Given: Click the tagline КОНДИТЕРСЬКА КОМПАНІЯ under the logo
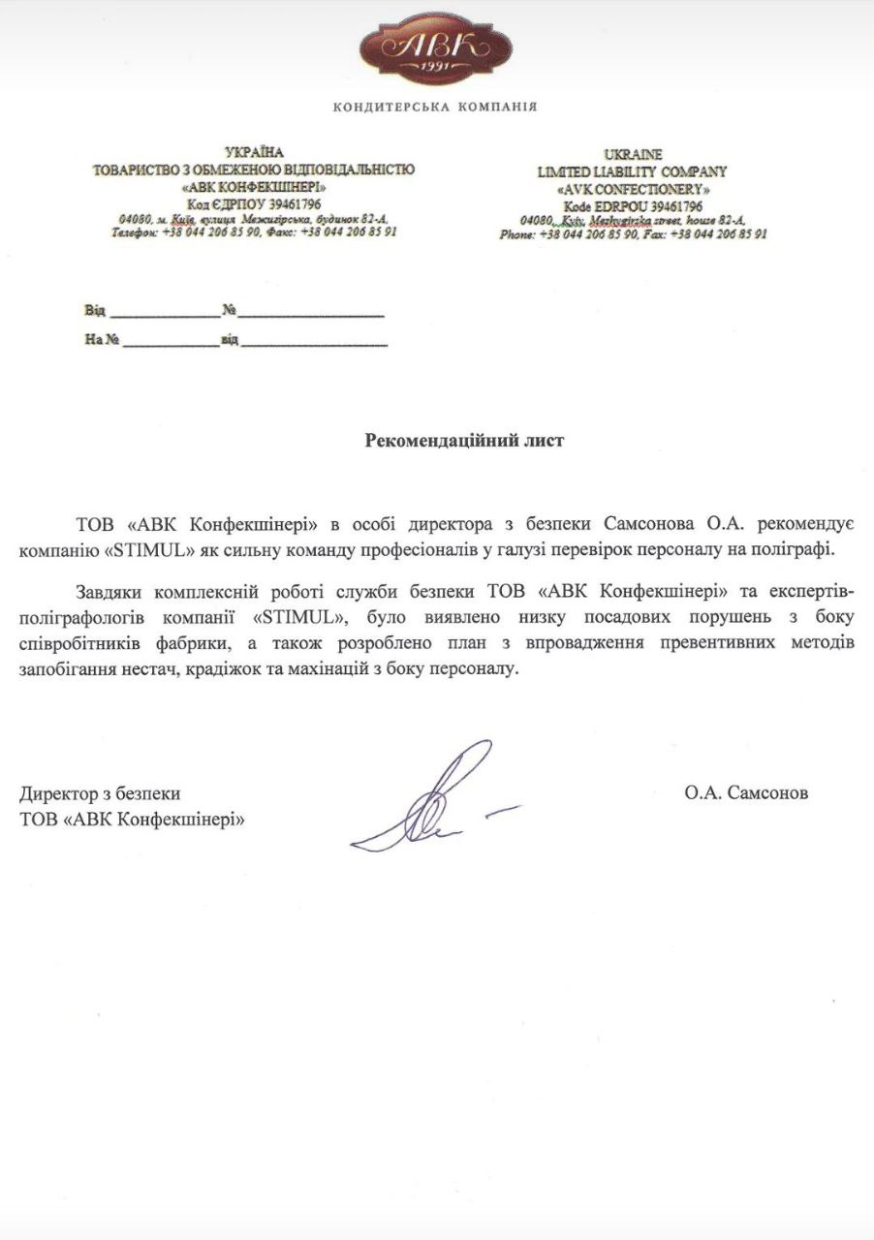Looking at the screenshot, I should coord(435,107).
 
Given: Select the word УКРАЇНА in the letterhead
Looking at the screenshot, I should coord(254,153).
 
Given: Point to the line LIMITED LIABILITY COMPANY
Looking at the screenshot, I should coord(633,171).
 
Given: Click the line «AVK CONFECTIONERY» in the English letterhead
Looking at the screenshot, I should coord(633,189).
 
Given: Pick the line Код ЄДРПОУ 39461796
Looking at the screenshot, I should coord(254,203).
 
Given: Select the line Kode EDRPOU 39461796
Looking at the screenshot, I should coord(633,206).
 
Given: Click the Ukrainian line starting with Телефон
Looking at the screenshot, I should coord(254,232).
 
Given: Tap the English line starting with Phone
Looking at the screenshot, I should coord(634,234).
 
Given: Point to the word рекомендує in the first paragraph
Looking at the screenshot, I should coord(804,525).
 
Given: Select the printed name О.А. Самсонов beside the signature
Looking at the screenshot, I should coord(745,793).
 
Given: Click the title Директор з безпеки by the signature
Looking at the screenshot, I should coord(100,793).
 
